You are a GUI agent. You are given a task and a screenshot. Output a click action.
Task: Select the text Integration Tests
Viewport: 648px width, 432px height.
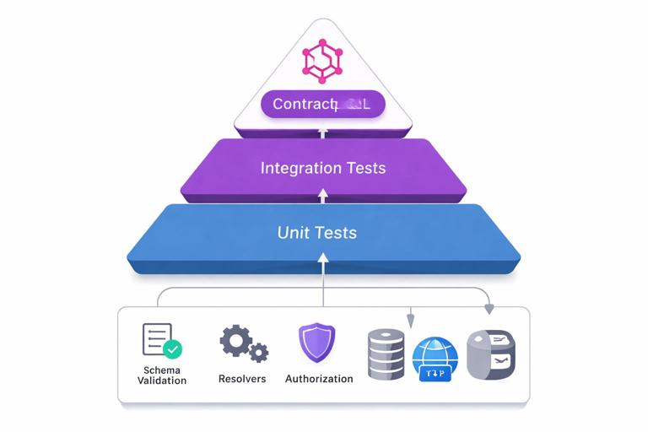tap(323, 168)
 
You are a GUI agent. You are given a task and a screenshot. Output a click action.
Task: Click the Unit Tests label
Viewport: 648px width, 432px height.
tap(317, 232)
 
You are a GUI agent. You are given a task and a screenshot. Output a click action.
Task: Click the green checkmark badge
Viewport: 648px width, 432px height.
tap(173, 348)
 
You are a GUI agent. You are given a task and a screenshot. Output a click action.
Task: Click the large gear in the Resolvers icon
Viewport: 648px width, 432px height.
tap(235, 341)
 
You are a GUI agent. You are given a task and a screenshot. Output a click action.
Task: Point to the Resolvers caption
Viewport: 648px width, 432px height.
tap(242, 379)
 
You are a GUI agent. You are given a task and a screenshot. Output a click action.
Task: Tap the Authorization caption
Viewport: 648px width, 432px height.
tap(319, 379)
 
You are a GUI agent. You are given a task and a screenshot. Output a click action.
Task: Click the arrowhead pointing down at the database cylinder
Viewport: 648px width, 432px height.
tap(411, 321)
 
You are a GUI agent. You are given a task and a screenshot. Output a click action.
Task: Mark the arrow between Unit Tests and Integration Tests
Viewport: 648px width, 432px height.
tap(323, 196)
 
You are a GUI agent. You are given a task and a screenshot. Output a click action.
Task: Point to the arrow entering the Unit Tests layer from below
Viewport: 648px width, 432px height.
tap(323, 266)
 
